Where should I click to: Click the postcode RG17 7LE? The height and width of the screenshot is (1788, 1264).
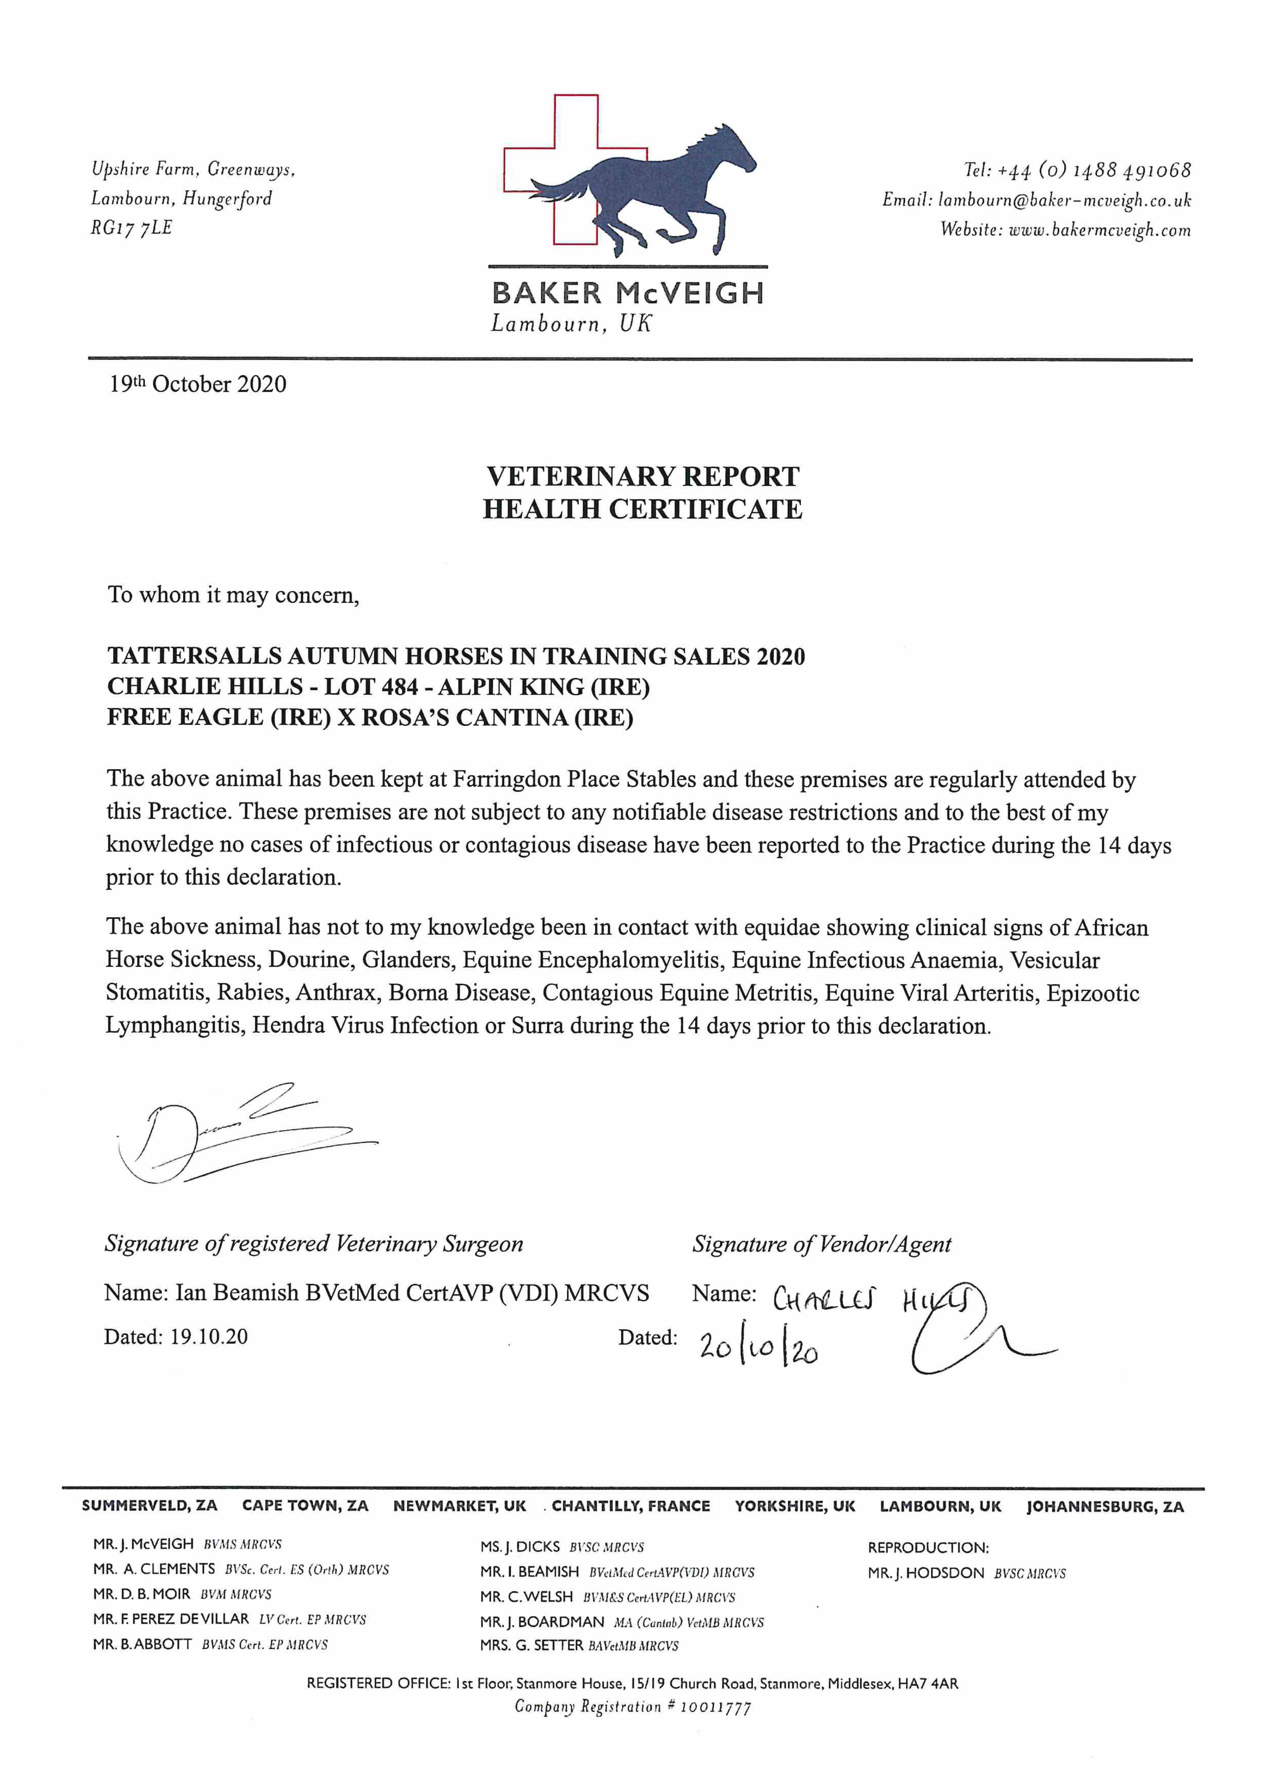tap(131, 228)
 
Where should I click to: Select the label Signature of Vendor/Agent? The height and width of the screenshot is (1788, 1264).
tap(822, 1244)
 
